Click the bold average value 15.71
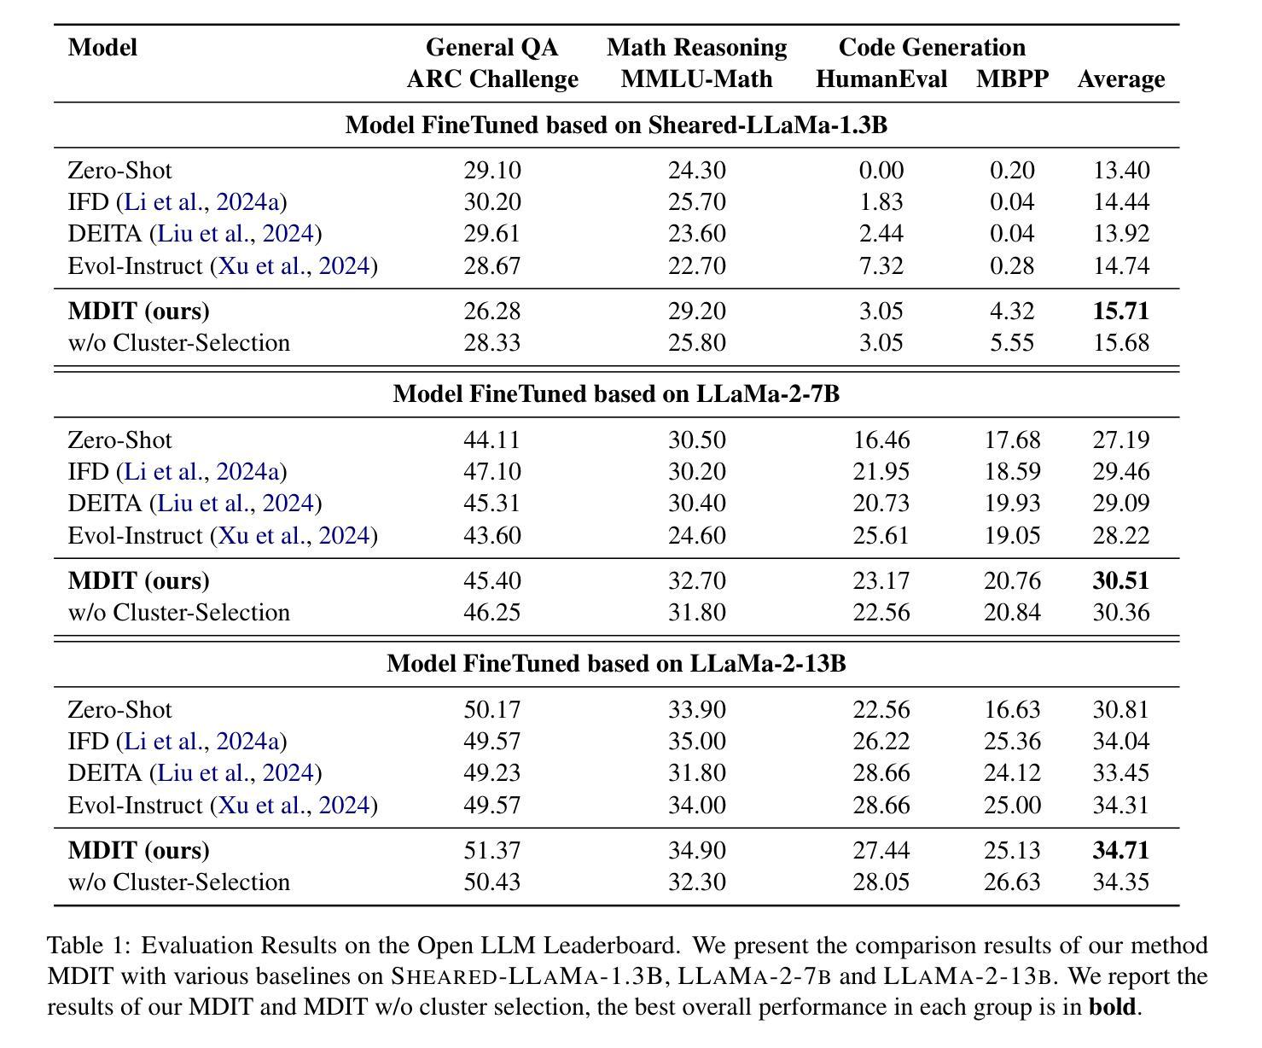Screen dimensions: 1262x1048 pos(1120,311)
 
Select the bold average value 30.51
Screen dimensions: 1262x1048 pos(1120,580)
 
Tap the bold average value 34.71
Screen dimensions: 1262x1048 pos(1120,850)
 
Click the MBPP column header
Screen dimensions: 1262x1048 pos(1012,79)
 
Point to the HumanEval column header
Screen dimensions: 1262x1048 pos(881,79)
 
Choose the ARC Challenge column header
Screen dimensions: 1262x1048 pos(492,79)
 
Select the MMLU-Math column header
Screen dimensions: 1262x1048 pos(697,79)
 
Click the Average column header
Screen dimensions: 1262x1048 pos(1121,79)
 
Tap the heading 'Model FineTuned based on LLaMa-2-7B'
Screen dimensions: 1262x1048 pos(616,393)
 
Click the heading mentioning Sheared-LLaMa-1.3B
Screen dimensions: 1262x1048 pos(616,125)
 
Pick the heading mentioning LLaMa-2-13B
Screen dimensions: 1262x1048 pos(616,663)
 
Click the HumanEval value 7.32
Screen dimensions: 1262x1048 pos(881,265)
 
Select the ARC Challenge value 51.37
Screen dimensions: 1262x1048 pos(492,850)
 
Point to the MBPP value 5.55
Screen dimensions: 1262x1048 pos(1012,343)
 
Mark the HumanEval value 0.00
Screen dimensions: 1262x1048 pos(881,171)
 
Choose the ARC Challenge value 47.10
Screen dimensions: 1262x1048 pos(492,471)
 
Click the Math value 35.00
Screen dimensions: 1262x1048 pos(697,741)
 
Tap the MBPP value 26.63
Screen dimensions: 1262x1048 pos(1012,882)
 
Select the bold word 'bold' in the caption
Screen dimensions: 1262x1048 pos(1113,1006)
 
